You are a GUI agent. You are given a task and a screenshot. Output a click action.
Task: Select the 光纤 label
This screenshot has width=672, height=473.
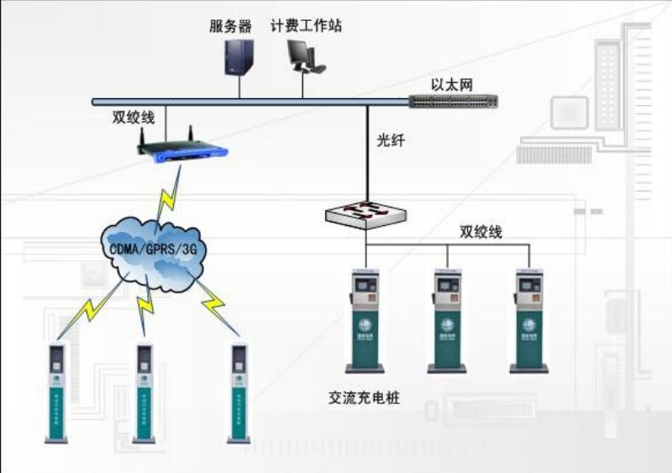(x=391, y=140)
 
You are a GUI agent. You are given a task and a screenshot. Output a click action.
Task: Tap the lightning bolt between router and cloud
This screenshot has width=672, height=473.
(x=168, y=193)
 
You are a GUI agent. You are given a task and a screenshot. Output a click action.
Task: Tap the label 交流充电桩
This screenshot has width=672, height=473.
(x=364, y=397)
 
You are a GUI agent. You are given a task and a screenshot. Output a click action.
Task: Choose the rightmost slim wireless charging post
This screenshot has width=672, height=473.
(x=239, y=391)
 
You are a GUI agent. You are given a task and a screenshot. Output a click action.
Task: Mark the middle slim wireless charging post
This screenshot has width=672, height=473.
(x=144, y=391)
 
